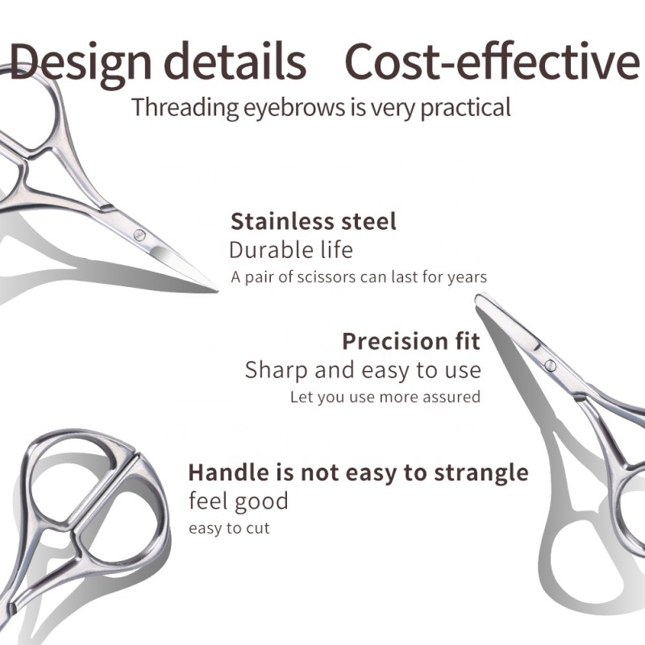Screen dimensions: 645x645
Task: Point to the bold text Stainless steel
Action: tap(314, 222)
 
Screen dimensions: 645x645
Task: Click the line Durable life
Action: tap(291, 249)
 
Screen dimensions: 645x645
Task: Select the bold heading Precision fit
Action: tap(411, 341)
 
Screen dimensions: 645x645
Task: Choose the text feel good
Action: tap(238, 501)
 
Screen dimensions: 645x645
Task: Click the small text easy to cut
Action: tap(229, 529)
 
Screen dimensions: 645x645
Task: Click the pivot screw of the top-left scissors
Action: tap(139, 235)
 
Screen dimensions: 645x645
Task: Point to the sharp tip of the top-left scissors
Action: tap(216, 288)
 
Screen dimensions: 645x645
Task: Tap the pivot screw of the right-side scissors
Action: tap(551, 365)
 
